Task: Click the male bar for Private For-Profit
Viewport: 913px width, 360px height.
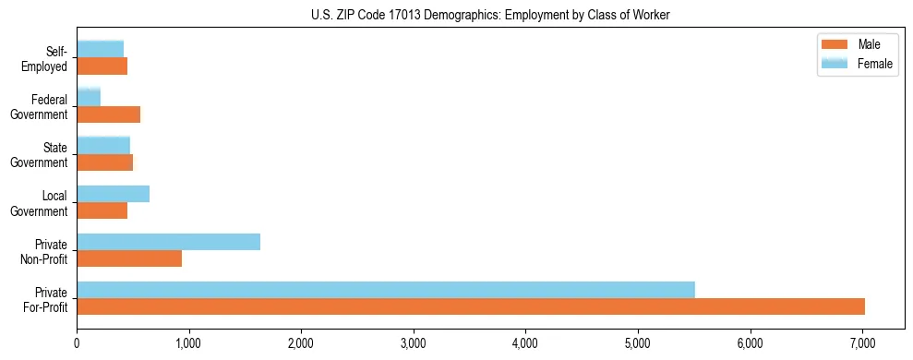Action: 471,306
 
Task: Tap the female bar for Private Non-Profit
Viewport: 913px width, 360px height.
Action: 168,242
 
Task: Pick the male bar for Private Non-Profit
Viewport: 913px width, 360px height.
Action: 129,258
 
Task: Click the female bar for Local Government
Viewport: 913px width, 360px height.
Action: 113,194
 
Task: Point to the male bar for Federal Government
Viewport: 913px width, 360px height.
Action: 108,114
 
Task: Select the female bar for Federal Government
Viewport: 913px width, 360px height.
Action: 89,97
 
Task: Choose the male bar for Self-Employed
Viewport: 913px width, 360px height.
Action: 102,66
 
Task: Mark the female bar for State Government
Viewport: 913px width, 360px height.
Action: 103,145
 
